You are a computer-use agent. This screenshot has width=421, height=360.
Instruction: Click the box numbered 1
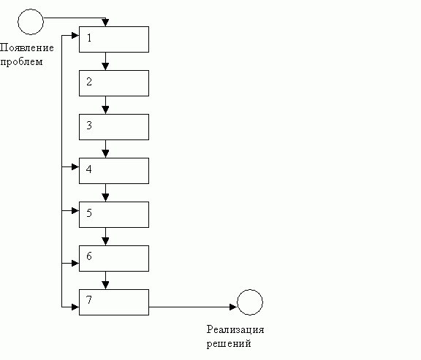pos(113,39)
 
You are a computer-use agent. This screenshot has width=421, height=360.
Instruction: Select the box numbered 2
pos(113,83)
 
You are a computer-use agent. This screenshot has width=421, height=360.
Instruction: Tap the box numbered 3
pos(113,127)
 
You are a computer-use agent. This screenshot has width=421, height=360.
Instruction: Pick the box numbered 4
pos(113,171)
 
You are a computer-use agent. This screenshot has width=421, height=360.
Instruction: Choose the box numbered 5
pos(113,215)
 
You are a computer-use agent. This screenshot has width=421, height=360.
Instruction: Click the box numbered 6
pos(113,258)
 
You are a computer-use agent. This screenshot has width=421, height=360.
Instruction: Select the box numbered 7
pos(113,302)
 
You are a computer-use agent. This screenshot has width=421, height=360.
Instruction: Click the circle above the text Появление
pos(30,21)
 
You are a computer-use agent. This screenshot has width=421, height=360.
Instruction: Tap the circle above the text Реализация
pos(249,302)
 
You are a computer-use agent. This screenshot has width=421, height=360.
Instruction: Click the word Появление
pos(27,48)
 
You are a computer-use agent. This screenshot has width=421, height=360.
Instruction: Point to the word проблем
pos(21,61)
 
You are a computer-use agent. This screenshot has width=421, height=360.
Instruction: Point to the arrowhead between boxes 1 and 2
pos(106,66)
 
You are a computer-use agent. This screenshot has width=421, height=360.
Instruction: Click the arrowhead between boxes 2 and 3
pos(106,110)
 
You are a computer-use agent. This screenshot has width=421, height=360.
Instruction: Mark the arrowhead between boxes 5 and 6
pos(106,242)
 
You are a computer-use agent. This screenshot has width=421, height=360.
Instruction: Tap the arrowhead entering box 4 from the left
pos(75,168)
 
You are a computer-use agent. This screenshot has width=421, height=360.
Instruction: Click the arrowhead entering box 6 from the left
pos(75,262)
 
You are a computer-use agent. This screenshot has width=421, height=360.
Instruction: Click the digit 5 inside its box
pos(88,213)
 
